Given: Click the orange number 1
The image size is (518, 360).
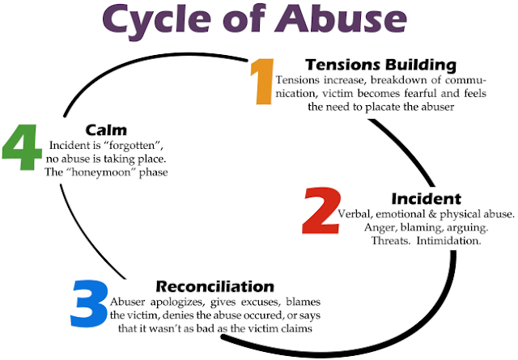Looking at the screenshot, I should click(x=262, y=81).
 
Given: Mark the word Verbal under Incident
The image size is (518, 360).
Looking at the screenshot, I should click(x=341, y=214).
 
